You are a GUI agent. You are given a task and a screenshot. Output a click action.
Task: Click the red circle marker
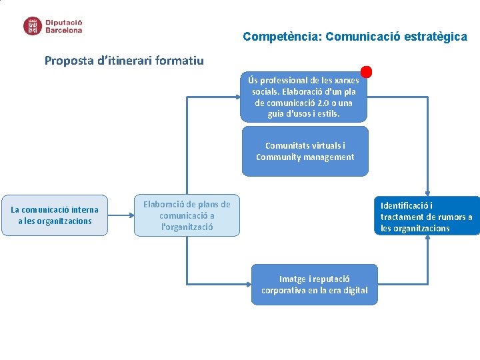coord(366,71)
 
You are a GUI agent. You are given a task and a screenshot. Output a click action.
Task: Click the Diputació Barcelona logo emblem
coord(32,26)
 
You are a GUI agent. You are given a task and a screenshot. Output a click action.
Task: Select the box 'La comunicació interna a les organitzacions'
coord(55,215)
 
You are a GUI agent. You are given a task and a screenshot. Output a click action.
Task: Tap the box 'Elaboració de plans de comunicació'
coord(187,215)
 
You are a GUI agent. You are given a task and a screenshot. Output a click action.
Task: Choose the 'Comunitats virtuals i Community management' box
coord(305,151)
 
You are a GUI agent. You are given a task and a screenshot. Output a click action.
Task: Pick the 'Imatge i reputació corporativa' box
coord(314,285)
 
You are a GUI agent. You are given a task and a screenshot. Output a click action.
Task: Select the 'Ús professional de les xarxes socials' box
coord(303,97)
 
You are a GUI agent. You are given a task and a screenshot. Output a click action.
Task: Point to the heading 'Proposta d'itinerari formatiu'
coord(124,61)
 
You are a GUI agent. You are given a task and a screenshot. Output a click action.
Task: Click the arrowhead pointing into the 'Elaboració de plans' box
coord(129,215)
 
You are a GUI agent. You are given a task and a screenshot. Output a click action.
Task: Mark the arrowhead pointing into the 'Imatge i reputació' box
coord(247,285)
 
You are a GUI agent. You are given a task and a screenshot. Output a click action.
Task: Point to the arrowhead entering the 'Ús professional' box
coord(236,97)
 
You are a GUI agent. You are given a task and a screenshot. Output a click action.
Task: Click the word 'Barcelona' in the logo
coord(64,30)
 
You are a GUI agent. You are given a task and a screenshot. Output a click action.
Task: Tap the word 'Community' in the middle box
coord(279,157)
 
